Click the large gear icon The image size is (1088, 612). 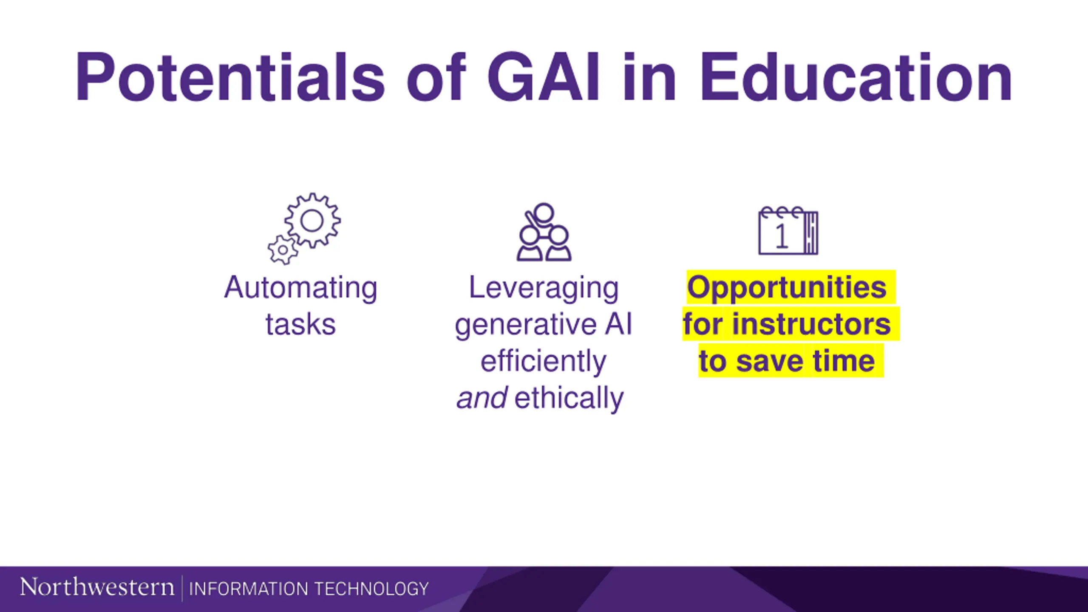[x=312, y=220]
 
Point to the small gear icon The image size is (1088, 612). [x=283, y=250]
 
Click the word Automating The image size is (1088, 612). [x=300, y=289]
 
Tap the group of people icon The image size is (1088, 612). [x=544, y=232]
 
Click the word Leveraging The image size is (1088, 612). [x=544, y=289]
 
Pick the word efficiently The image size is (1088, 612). [x=544, y=362]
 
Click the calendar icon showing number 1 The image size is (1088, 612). [x=788, y=230]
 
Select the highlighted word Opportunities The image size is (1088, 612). [x=787, y=289]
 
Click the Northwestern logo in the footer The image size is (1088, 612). [x=97, y=587]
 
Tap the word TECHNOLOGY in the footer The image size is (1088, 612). [x=371, y=589]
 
